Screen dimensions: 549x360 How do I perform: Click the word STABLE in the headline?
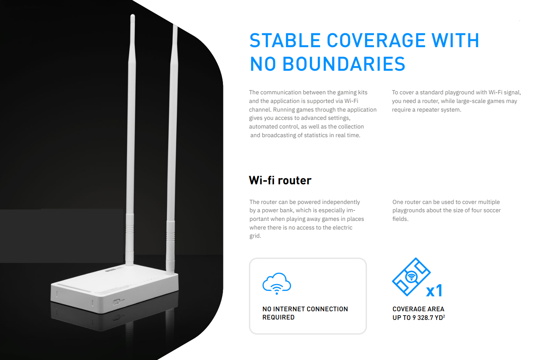click(285, 40)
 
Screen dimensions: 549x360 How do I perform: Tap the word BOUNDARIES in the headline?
click(344, 64)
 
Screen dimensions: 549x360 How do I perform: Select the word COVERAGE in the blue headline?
click(376, 40)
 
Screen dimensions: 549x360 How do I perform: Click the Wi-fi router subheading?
click(280, 180)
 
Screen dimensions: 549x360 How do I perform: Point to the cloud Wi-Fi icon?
click(277, 283)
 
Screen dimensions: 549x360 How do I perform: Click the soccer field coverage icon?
click(411, 277)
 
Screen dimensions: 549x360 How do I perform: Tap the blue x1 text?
click(434, 291)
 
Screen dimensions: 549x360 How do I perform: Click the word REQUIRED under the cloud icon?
click(278, 318)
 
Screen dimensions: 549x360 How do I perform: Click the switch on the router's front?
click(116, 302)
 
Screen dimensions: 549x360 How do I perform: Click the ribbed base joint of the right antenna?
click(171, 233)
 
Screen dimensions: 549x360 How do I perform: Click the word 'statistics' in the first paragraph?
click(316, 135)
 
